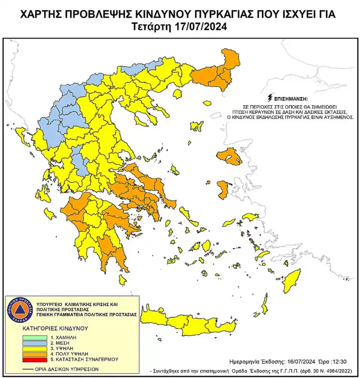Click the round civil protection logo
click(x=19, y=309)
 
